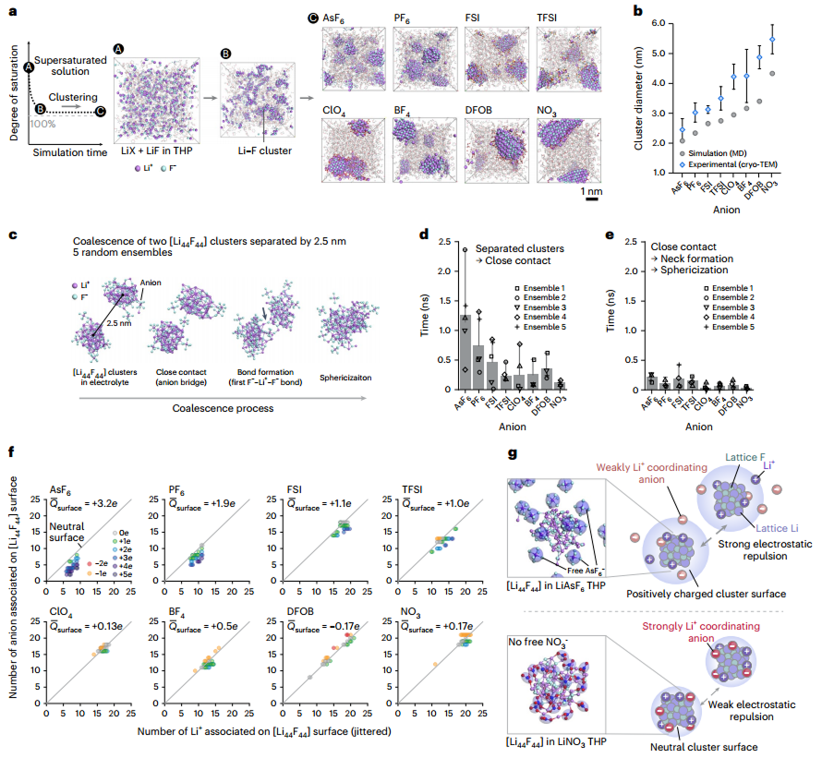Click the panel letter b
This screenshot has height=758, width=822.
click(x=637, y=12)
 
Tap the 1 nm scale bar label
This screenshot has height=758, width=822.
click(x=591, y=191)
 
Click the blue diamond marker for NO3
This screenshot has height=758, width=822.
click(x=772, y=39)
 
